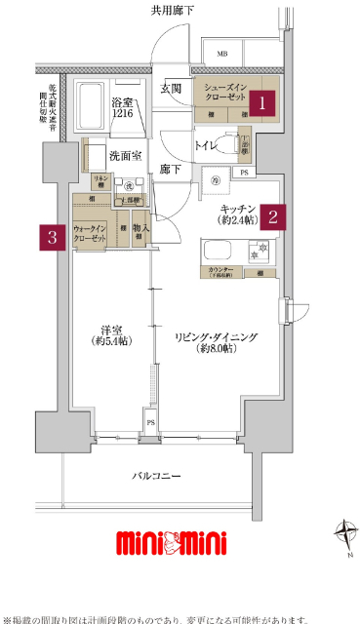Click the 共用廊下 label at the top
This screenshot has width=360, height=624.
pos(172,11)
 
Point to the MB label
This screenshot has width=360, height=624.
pos(221,54)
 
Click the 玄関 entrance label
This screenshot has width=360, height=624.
pos(172,89)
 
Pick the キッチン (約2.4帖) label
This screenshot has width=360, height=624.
pos(237,214)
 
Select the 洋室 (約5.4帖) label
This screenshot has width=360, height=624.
pos(113,334)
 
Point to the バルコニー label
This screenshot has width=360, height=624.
pos(157,475)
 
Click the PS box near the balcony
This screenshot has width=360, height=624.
pos(150,422)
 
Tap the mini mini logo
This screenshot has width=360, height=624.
pos(172,542)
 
